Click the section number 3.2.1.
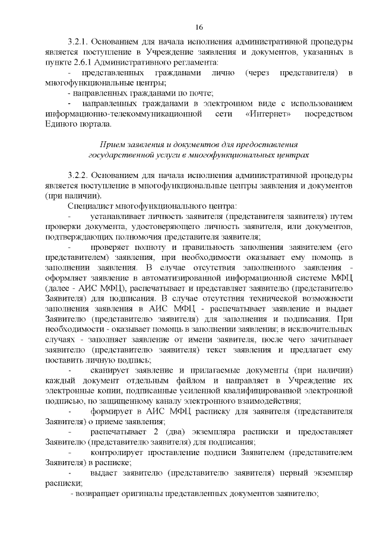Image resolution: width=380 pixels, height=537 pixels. pos(79,43)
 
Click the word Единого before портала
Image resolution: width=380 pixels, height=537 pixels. pos(60,123)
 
